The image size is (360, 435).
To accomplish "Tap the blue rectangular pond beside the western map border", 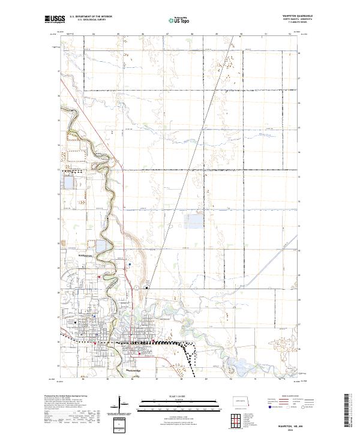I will [67, 182].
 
